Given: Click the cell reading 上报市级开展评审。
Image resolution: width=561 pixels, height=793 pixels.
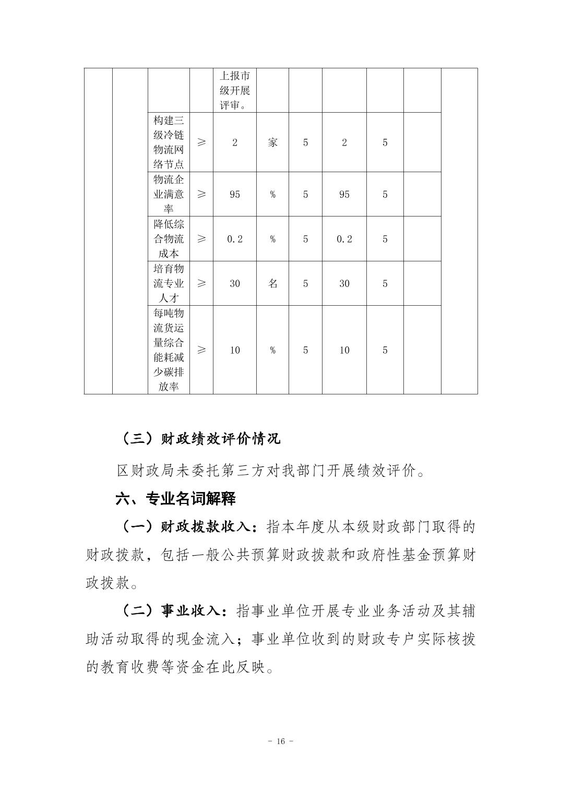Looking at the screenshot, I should click(234, 90).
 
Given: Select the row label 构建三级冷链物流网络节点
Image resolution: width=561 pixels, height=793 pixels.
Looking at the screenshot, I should click(169, 142).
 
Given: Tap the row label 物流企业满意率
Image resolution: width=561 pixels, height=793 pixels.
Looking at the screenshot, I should click(169, 194).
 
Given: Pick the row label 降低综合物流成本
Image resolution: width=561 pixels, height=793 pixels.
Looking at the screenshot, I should click(169, 239).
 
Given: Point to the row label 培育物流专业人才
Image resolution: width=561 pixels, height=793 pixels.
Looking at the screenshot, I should click(169, 283).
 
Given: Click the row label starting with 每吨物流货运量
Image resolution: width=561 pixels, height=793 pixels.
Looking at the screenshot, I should click(169, 350).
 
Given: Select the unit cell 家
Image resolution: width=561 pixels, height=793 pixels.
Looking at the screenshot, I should click(272, 142).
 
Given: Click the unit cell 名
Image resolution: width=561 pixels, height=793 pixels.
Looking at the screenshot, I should click(272, 283).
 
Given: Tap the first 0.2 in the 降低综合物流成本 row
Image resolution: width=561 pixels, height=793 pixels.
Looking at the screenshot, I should click(235, 239).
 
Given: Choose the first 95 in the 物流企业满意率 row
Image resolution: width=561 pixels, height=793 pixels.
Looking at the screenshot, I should click(235, 194).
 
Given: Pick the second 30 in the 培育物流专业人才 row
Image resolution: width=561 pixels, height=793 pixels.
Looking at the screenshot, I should click(344, 283).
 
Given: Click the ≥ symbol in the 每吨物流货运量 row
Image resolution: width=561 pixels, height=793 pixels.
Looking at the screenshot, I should click(201, 350).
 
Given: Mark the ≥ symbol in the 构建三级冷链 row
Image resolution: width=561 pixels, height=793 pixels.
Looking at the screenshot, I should click(201, 142).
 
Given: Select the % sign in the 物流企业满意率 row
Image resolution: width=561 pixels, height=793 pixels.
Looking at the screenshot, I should click(272, 194).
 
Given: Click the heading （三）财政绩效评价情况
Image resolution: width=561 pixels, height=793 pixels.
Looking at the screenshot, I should click(200, 439).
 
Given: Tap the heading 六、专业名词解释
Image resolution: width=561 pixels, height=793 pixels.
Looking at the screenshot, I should click(175, 499).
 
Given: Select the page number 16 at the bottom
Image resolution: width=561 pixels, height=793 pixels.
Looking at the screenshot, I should click(280, 741).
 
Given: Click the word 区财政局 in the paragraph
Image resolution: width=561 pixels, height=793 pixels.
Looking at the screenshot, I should click(137, 471).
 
